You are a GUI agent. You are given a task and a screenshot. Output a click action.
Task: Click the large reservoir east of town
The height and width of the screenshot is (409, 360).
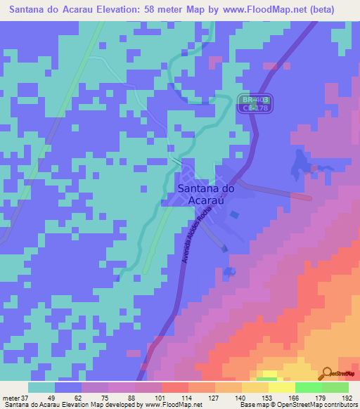[x=300, y=167]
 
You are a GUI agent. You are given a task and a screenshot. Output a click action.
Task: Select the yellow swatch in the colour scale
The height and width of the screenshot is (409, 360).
[x=281, y=387]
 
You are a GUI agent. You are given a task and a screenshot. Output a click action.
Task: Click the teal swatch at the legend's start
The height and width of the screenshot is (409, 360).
[x=41, y=387]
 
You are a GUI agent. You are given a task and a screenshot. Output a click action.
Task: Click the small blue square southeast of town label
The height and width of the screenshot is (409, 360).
[x=234, y=214]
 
